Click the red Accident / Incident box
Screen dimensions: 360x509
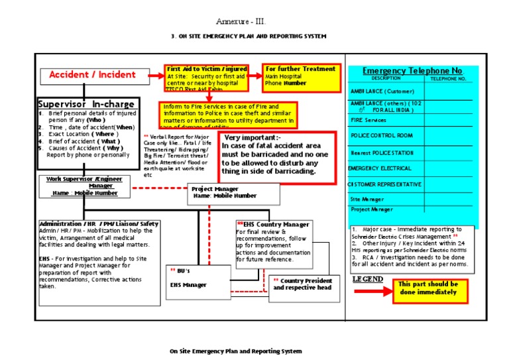92,75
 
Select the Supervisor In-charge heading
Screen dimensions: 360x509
87,104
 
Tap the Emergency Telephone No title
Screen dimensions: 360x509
412,71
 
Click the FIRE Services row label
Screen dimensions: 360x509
368,120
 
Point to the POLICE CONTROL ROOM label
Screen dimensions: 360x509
382,135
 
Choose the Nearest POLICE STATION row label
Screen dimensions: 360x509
382,152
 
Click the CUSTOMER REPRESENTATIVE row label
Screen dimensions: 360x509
384,184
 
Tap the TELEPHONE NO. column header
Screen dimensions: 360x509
449,78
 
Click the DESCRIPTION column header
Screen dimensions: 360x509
386,78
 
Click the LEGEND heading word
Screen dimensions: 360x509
367,279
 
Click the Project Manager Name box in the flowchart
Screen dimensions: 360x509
224,193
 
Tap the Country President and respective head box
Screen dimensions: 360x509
302,284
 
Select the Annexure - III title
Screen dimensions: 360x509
241,21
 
